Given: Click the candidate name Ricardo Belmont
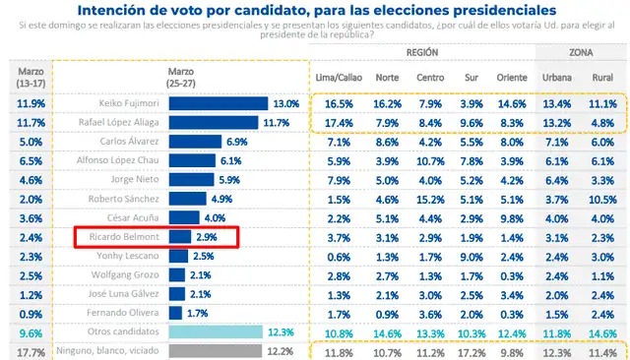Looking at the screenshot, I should tap(128, 237).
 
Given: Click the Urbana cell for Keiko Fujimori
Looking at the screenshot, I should tap(558, 103).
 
